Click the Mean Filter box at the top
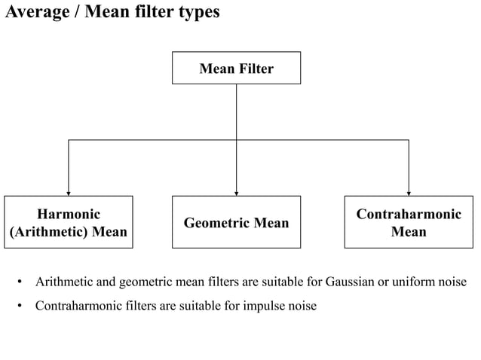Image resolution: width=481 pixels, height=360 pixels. tap(236, 68)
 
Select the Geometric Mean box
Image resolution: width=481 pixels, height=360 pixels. tap(236, 221)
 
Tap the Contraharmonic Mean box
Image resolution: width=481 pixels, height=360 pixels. tap(408, 221)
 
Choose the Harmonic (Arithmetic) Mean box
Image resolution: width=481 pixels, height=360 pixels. tap(68, 221)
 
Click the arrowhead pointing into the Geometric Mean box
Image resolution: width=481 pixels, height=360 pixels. tap(236, 192)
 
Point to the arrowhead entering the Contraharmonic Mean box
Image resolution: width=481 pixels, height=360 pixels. tap(408, 192)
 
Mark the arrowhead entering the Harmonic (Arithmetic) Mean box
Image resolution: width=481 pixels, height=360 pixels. tap(69, 192)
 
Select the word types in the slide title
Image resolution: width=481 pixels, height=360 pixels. tap(198, 13)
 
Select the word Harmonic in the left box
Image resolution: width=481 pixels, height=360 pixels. tap(68, 214)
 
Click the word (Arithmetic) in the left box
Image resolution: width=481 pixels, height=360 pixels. tap(48, 231)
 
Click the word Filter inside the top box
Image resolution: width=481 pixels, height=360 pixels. tap(256, 69)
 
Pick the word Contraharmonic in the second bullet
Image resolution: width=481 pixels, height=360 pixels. tap(76, 307)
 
